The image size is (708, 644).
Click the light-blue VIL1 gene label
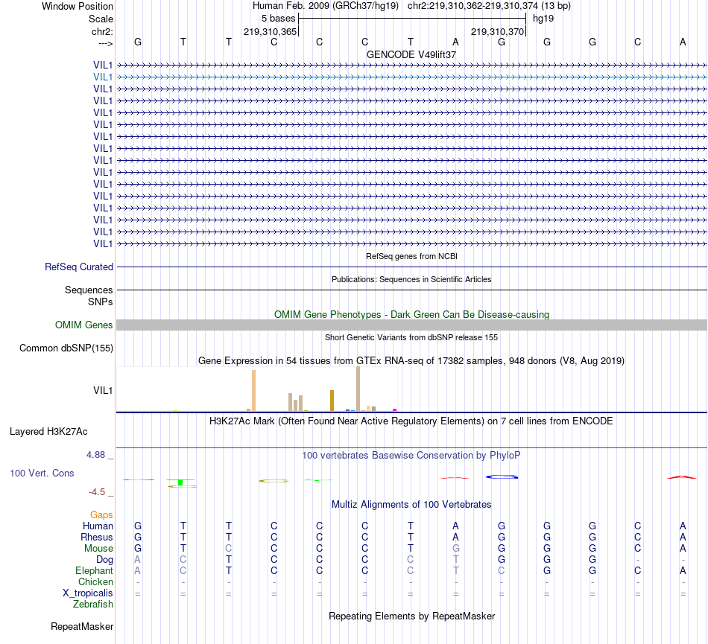[103, 77]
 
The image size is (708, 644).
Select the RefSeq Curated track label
[79, 267]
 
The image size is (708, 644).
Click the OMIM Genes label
[84, 325]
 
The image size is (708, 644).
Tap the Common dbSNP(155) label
[66, 348]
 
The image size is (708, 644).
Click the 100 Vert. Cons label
[42, 473]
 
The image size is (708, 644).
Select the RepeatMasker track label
[82, 626]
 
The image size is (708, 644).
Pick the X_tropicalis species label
[88, 593]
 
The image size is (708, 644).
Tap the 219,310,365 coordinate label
[271, 31]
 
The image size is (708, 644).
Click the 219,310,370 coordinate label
[498, 31]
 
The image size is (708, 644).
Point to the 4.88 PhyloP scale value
[100, 454]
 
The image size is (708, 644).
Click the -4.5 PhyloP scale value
[101, 491]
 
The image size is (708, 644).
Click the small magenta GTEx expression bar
[394, 409]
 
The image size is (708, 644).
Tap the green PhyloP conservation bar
[180, 482]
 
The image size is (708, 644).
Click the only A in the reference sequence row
[456, 42]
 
